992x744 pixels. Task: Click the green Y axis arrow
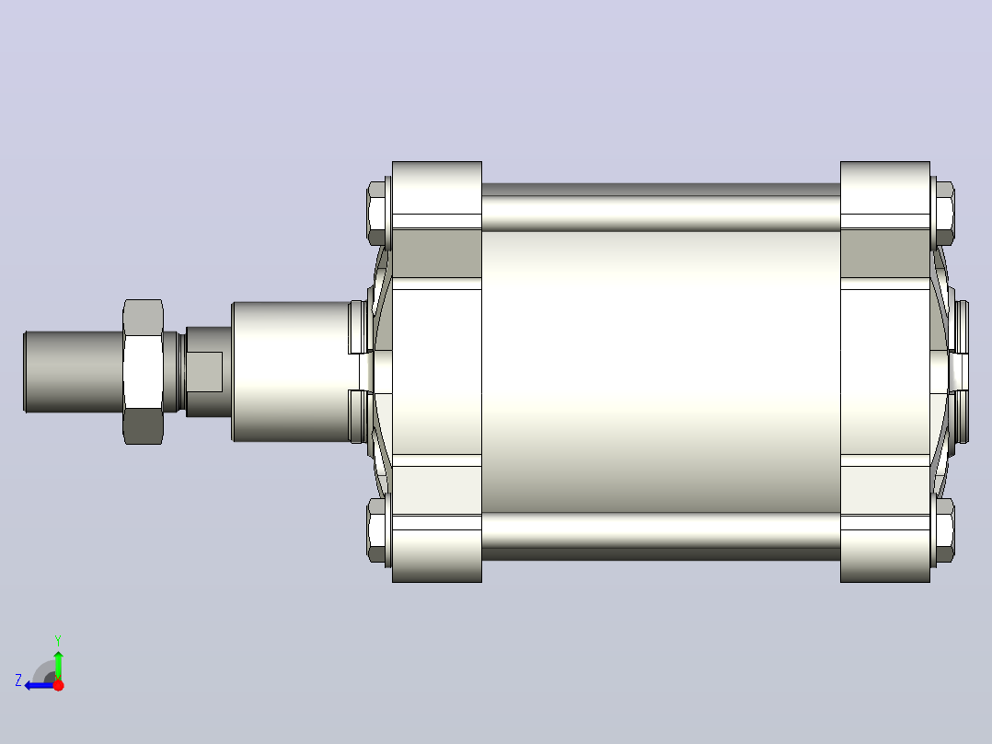coord(58,665)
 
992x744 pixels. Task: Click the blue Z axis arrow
coord(40,685)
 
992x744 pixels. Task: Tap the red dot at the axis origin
coord(59,685)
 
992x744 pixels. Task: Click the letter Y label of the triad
coord(58,640)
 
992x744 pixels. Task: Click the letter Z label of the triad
coord(18,680)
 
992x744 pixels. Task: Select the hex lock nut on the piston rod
coord(143,372)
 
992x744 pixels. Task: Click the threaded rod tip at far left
coord(74,372)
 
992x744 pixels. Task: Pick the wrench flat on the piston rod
coord(204,372)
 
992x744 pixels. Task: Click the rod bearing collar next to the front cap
coord(292,372)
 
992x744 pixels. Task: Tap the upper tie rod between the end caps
coord(661,208)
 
